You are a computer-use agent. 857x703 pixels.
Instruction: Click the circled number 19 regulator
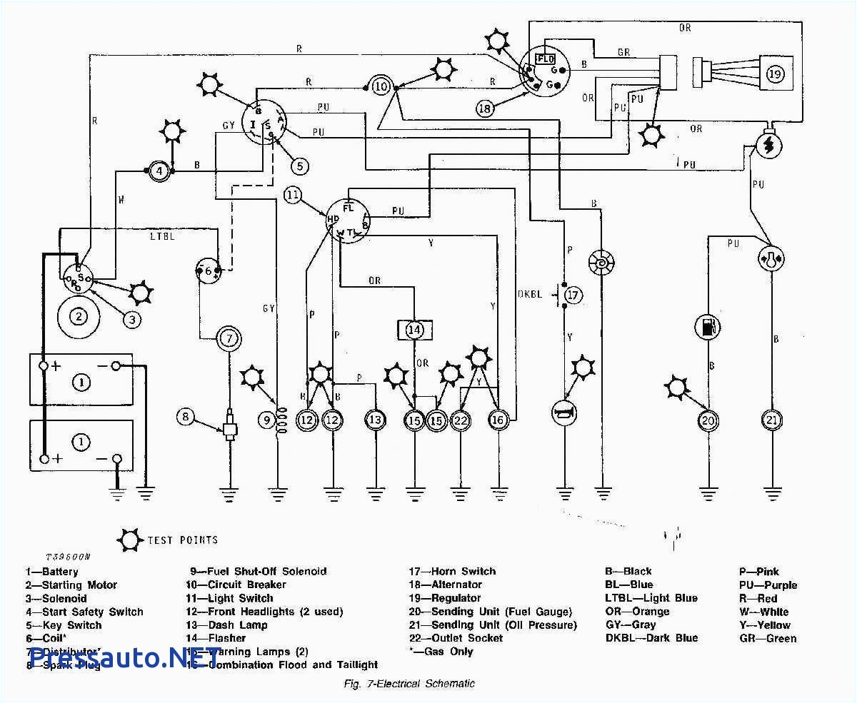click(x=776, y=74)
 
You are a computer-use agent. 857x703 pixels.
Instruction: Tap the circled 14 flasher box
click(x=415, y=330)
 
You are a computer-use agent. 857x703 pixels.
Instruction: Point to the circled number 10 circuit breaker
click(x=381, y=86)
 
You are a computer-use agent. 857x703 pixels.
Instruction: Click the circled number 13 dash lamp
click(x=375, y=420)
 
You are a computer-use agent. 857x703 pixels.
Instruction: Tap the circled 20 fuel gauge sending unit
click(x=708, y=421)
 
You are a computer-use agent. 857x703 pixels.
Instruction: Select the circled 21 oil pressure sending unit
click(x=771, y=420)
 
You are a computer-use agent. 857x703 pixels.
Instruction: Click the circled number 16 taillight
click(x=498, y=420)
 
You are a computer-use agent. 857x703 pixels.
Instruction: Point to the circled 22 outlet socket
click(x=461, y=420)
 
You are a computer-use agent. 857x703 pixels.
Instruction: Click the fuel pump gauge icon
click(x=708, y=328)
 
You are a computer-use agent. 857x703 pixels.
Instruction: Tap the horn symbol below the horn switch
click(x=564, y=412)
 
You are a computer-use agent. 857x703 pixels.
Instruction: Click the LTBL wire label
click(x=161, y=236)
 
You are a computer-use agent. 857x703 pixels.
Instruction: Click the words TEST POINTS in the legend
click(x=182, y=540)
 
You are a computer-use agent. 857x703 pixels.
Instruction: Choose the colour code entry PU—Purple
click(x=768, y=585)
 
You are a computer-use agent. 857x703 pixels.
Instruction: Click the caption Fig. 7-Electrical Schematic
click(x=409, y=683)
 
